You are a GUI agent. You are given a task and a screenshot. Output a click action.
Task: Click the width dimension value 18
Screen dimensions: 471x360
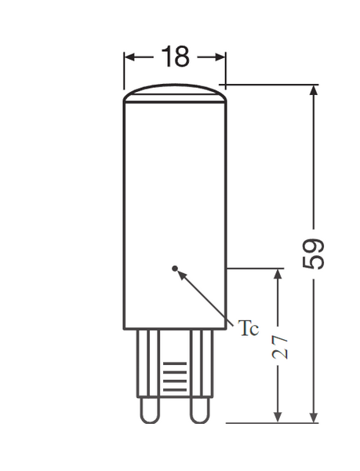176,57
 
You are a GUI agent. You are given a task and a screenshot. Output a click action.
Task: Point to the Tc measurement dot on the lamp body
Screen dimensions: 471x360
175,268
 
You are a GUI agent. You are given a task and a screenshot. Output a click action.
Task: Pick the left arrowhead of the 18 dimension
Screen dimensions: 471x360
129,57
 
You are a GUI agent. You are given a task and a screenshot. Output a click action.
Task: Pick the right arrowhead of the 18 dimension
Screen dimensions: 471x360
221,57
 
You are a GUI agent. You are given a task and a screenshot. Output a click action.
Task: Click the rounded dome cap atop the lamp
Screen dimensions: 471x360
175,93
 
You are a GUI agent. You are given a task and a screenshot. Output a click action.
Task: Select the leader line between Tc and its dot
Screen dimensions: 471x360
208,296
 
